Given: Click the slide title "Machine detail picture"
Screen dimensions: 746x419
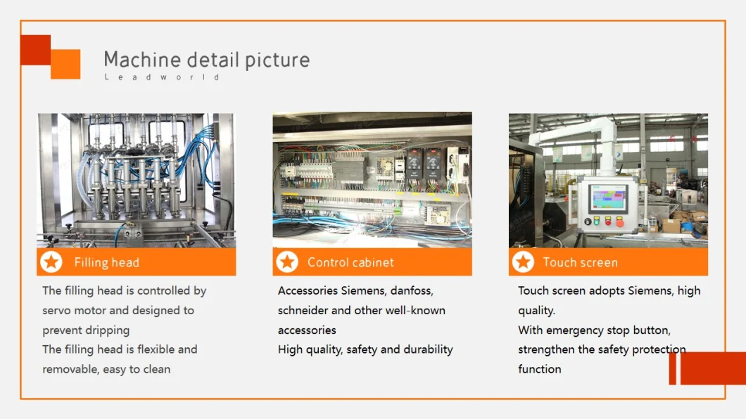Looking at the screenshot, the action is (207, 60).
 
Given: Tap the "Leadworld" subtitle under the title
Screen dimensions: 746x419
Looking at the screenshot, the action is (162, 77).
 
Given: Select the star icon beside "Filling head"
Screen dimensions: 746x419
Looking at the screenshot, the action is (51, 262).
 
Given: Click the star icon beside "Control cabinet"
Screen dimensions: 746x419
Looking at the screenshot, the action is (287, 262).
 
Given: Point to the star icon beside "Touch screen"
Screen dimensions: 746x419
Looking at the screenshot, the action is (524, 262).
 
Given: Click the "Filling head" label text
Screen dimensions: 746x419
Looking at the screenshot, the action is (106, 262).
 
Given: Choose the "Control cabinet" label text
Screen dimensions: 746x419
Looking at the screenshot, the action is (350, 262).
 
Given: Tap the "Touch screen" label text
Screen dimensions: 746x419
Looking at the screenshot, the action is (581, 262).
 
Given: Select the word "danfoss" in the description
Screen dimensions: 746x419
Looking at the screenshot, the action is (412, 290).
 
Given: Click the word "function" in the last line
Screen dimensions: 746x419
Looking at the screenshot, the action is (540, 369).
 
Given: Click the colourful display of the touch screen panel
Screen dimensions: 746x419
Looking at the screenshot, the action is (607, 198).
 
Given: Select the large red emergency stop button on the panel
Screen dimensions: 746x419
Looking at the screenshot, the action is (619, 221).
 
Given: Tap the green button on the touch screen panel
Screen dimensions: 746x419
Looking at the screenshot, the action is (597, 221).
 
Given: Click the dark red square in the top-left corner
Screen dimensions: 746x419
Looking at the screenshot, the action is (36, 50).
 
